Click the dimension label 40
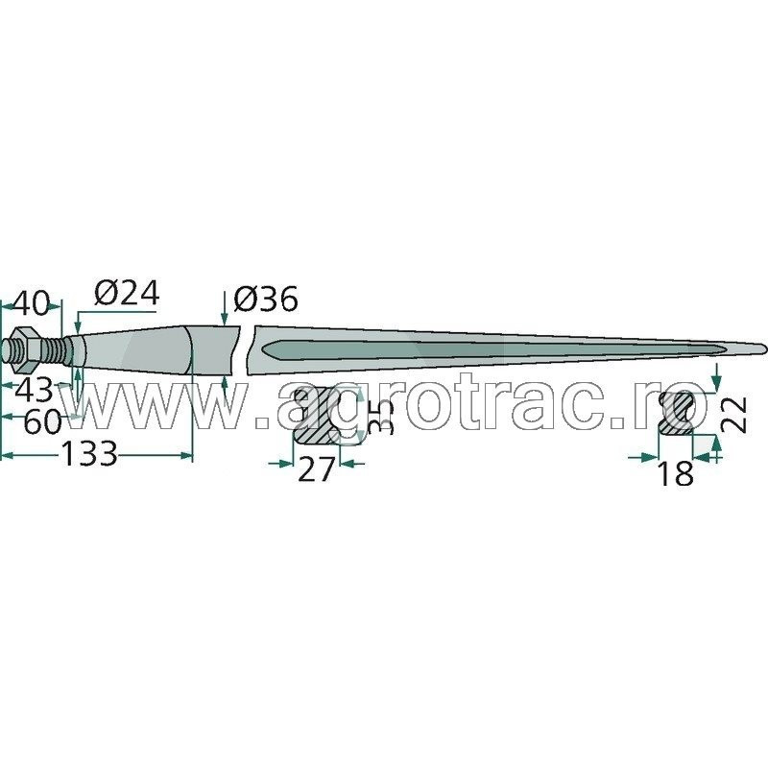[33, 304]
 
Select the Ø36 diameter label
[266, 300]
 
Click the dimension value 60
[42, 422]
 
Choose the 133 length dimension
[89, 454]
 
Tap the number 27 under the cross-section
[316, 469]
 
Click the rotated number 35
[381, 417]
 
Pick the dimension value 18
[677, 472]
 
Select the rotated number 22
[734, 415]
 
